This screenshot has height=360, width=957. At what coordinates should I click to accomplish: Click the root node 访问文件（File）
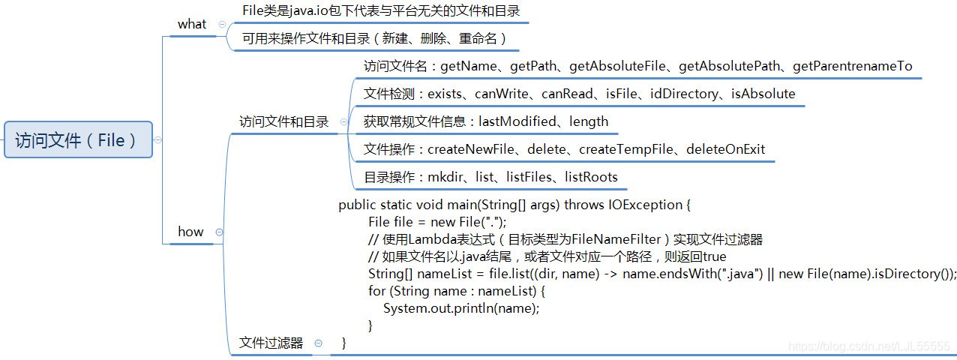[x=77, y=139]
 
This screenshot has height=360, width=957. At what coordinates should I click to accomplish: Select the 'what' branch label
[x=192, y=24]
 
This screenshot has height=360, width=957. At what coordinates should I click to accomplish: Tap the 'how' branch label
[x=190, y=231]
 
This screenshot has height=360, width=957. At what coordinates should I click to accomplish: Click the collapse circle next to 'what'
[x=222, y=24]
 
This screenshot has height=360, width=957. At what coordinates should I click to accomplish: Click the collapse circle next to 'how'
[x=219, y=232]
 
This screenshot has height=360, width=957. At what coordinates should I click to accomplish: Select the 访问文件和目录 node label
[x=283, y=121]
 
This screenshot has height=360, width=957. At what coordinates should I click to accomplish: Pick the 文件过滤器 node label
[x=271, y=343]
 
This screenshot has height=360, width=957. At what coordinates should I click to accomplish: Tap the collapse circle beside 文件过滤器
[x=319, y=343]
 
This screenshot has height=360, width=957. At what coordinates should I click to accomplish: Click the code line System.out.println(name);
[x=461, y=308]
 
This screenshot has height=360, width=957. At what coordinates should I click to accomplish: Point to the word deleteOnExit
[x=725, y=149]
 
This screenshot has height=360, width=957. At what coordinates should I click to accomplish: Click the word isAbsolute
[x=763, y=94]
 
